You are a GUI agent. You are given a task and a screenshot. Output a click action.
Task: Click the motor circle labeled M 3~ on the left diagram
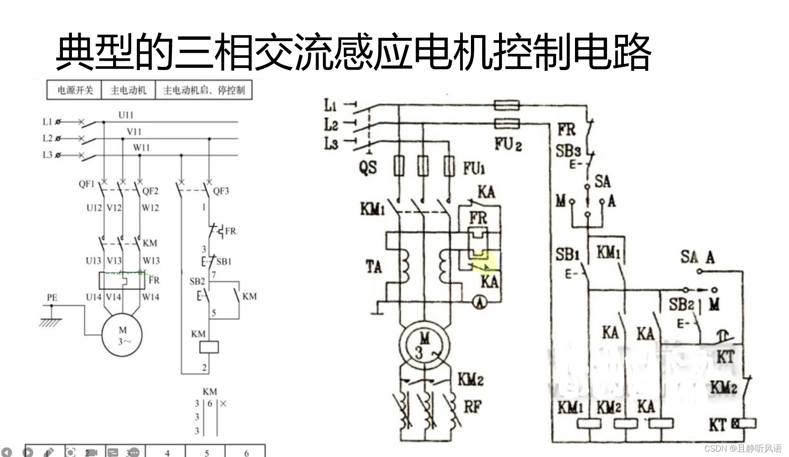pyautogui.click(x=122, y=335)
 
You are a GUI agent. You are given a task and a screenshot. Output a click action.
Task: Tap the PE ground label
pyautogui.click(x=52, y=297)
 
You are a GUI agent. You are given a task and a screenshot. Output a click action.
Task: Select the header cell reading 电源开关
pyautogui.click(x=75, y=90)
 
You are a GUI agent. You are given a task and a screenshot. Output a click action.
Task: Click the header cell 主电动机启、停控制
pyautogui.click(x=204, y=90)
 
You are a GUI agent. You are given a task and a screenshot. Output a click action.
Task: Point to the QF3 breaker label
pyautogui.click(x=221, y=191)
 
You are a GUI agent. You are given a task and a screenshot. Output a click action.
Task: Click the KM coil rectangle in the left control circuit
pyautogui.click(x=209, y=347)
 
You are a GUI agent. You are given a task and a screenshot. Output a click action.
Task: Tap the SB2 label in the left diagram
pyautogui.click(x=197, y=282)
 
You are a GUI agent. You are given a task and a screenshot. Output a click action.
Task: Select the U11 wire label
pyautogui.click(x=126, y=115)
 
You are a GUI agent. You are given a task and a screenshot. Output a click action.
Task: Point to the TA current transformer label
pyautogui.click(x=374, y=267)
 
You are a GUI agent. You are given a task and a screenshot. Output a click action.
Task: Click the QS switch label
pyautogui.click(x=368, y=168)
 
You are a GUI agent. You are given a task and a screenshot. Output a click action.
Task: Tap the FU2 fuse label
pyautogui.click(x=508, y=144)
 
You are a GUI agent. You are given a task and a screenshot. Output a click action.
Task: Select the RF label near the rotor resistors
pyautogui.click(x=472, y=406)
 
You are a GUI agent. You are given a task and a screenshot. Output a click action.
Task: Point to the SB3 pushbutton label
pyautogui.click(x=568, y=151)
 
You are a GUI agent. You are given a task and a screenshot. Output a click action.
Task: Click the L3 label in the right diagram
pyautogui.click(x=331, y=144)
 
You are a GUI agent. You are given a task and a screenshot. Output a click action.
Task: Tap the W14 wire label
pyautogui.click(x=150, y=297)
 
